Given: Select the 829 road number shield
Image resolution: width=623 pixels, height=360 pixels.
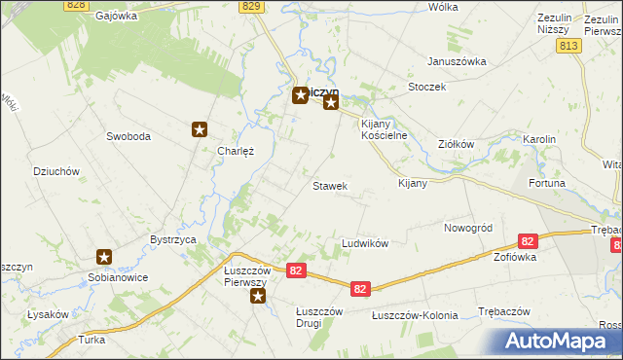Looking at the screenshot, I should point(252,6).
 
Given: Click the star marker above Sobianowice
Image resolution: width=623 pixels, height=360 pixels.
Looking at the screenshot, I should point(104,257).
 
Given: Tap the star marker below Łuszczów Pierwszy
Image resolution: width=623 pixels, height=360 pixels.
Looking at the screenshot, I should point(257,296).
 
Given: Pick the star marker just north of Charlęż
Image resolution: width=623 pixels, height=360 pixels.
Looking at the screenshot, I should point(200,128).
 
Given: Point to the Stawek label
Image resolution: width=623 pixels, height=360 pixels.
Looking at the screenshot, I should point(330,185).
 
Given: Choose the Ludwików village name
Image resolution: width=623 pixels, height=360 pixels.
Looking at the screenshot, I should point(365,242).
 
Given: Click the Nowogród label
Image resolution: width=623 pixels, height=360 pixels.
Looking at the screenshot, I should point(468,227).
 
